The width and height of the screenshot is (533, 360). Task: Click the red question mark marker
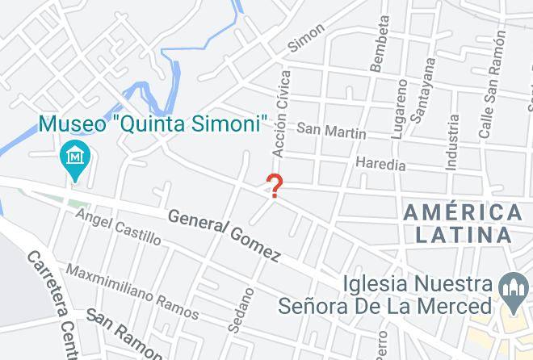[x=275, y=186]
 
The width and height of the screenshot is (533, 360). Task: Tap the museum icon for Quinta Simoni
[x=75, y=153]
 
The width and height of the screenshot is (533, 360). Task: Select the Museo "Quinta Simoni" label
[x=153, y=124]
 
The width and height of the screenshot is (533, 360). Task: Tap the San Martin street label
[x=331, y=129]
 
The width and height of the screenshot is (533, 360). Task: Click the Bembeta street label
[x=378, y=44]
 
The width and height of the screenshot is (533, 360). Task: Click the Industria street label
[x=452, y=141]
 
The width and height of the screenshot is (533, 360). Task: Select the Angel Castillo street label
[x=118, y=227]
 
